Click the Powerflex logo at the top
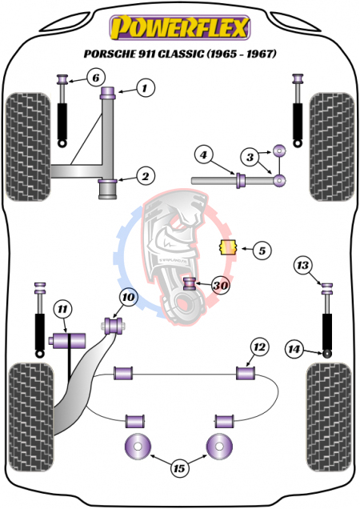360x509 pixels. [180, 27]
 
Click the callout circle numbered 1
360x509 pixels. [145, 88]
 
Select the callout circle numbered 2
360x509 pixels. [145, 176]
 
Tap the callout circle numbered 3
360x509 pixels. [250, 158]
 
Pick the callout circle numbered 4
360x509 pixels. [203, 154]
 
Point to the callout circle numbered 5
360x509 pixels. [262, 250]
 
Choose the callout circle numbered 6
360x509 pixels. [96, 78]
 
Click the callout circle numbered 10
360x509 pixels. [129, 297]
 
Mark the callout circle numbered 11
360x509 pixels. [62, 310]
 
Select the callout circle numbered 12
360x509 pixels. [259, 347]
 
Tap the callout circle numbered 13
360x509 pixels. [302, 266]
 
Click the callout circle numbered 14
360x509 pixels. [294, 349]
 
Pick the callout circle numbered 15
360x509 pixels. [179, 468]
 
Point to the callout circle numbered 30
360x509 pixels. [221, 286]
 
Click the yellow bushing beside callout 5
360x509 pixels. [229, 247]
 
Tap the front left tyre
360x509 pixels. [29, 146]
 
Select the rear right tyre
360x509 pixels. [329, 418]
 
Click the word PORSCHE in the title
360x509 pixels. [106, 54]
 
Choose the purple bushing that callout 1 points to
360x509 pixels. [108, 93]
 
